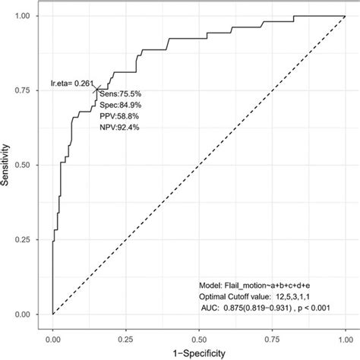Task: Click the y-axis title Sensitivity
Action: [10, 164]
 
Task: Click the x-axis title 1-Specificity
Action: [198, 351]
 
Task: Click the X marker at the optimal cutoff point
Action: [96, 90]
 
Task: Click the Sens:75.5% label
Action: [118, 93]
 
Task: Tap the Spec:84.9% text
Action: [118, 105]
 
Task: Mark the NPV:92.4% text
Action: [118, 128]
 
